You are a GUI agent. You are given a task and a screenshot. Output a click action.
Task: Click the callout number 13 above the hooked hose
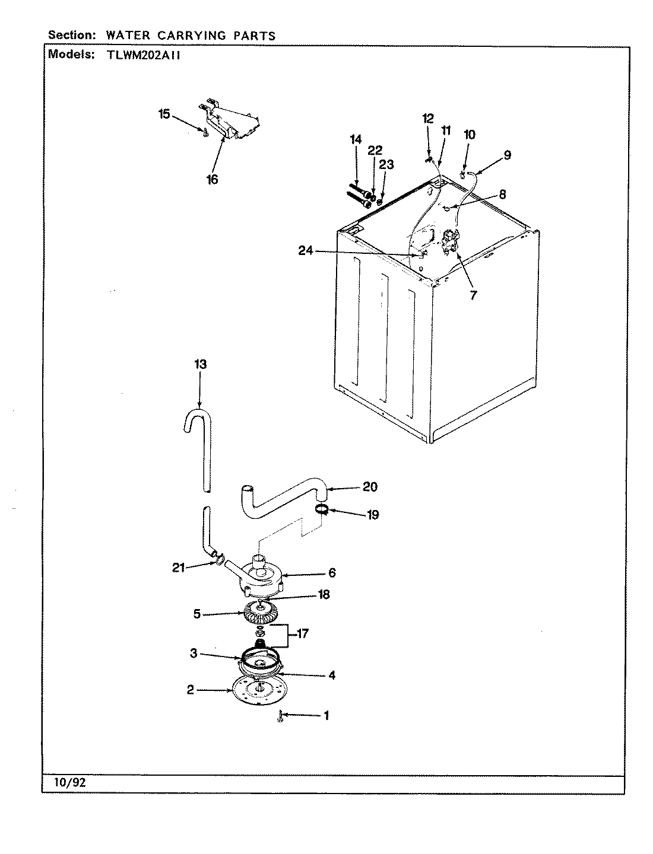click(200, 364)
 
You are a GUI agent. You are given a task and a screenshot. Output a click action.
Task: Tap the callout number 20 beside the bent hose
click(369, 487)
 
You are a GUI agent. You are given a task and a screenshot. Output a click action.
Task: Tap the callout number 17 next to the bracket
click(302, 635)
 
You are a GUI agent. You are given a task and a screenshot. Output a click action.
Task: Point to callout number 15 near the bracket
click(164, 114)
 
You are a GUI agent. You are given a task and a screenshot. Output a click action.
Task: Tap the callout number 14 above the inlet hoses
click(356, 139)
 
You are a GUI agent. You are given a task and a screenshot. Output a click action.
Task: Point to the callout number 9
click(507, 155)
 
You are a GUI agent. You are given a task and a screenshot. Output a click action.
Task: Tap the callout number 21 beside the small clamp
click(177, 568)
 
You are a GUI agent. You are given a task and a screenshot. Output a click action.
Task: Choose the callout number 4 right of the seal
click(331, 675)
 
